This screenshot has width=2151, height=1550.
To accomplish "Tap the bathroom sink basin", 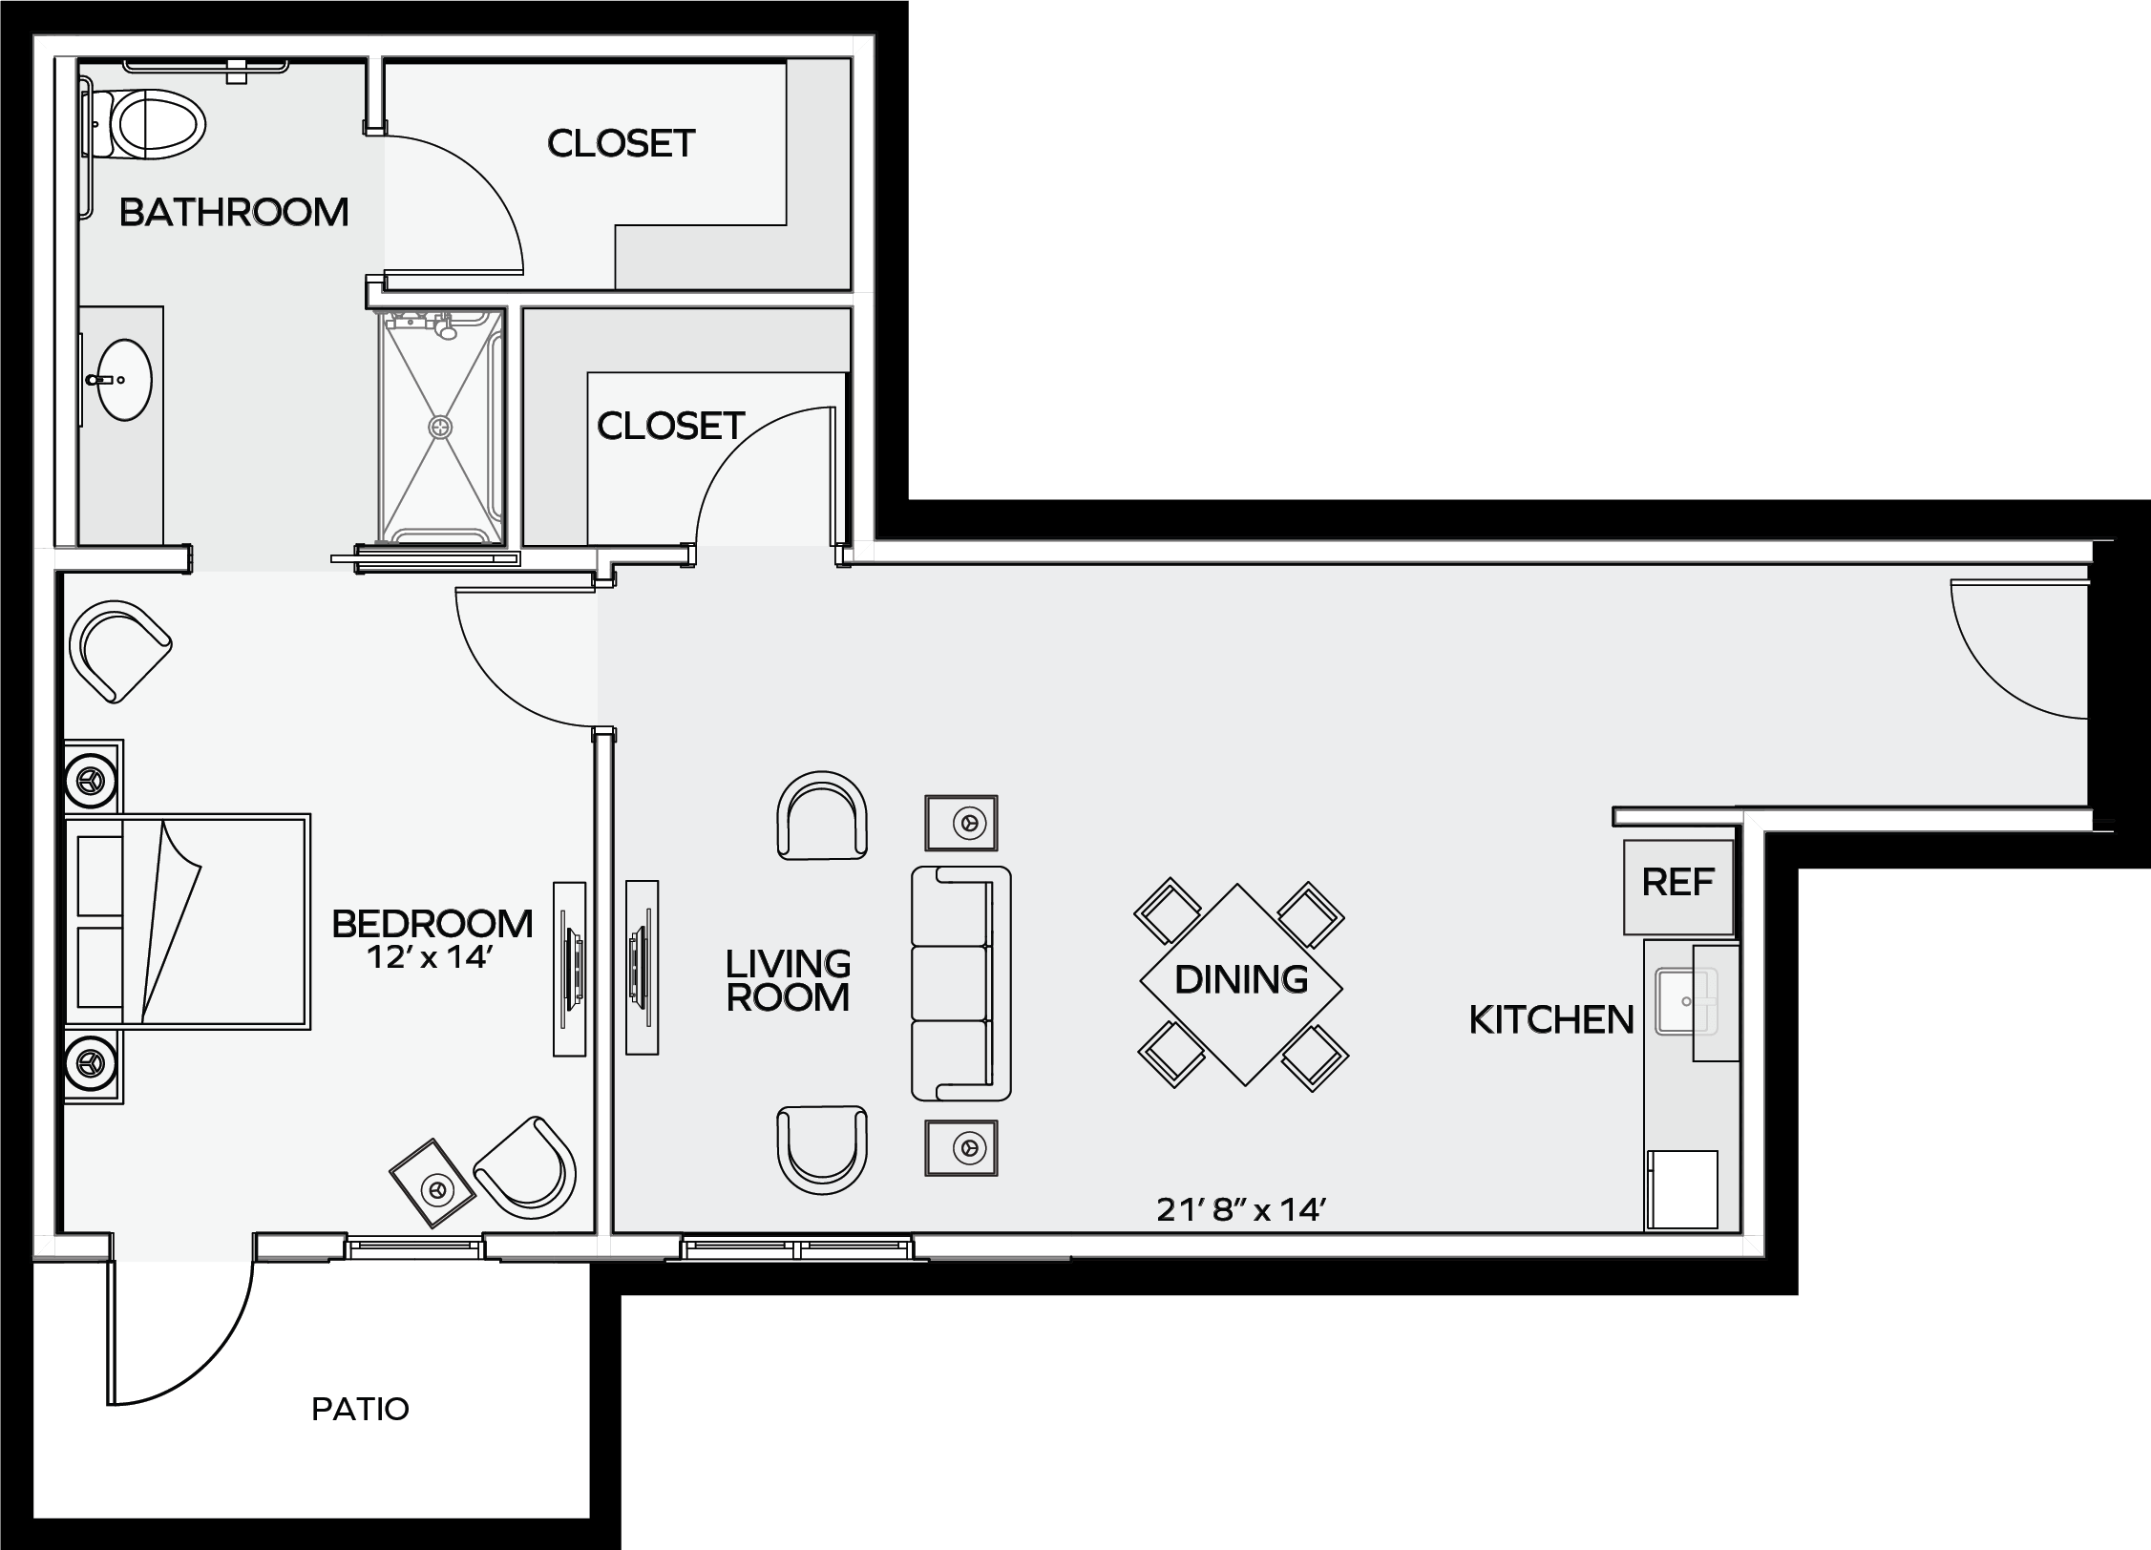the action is coord(124,380).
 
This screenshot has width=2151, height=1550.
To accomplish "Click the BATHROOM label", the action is coord(234,212).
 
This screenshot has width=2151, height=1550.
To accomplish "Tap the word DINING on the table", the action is coord(1241,979).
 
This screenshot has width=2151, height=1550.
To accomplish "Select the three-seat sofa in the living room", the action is coord(960,983).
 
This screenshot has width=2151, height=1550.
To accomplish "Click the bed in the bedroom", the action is coord(187,921).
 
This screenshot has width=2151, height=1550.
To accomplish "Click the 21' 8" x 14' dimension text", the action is coord(1241,1210).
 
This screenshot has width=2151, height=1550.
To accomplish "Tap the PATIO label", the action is coord(360,1409).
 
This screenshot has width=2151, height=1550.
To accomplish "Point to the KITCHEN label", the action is coord(1551,1020).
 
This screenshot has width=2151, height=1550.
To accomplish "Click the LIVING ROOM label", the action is coord(788,980).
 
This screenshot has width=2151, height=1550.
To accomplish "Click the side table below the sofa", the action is coord(961,1147).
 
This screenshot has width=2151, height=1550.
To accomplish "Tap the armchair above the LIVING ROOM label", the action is coord(823,814).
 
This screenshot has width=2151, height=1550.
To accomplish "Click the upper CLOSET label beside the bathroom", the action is coord(621,143).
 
